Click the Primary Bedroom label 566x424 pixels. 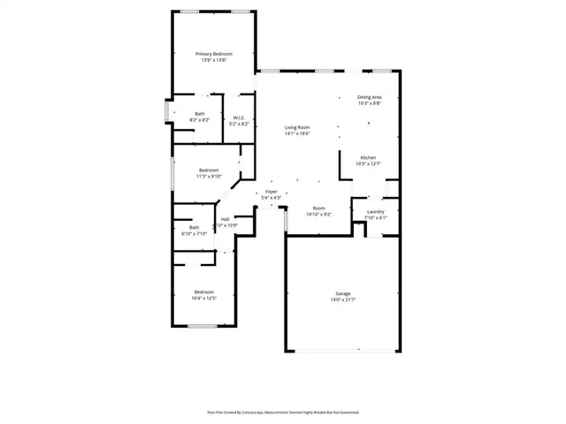point(214,54)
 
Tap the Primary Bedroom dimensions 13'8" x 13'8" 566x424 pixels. point(214,60)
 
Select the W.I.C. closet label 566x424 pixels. point(239,117)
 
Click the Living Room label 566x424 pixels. point(297,127)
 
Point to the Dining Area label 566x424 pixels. point(370,97)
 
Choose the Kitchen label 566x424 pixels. point(368,158)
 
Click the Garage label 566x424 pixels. point(343,293)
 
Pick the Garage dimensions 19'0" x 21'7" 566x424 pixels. point(343,299)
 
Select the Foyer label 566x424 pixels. point(271,192)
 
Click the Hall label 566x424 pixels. point(226,219)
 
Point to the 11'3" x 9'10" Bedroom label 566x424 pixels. point(209,170)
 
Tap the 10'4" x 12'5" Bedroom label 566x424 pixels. point(204,292)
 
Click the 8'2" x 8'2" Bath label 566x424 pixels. point(200,113)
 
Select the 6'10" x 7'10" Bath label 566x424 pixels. point(194,227)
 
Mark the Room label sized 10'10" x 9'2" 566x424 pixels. point(318,208)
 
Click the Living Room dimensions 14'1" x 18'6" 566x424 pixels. point(297,133)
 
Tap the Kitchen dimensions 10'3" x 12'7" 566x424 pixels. point(368,164)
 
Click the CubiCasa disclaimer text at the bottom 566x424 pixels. point(283,412)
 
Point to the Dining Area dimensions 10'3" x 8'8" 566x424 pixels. point(370,103)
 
